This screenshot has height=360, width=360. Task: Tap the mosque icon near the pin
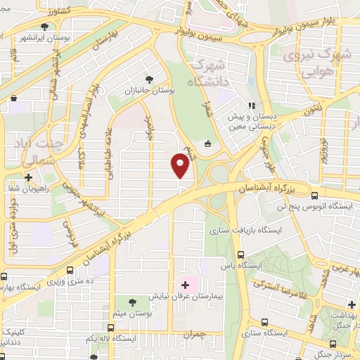(207, 144)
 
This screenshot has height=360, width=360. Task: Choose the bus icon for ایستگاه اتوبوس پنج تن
(314, 196)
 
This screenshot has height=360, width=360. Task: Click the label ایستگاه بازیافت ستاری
(247, 230)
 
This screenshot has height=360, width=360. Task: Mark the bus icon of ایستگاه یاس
(241, 255)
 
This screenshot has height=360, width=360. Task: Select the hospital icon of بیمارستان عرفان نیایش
(186, 285)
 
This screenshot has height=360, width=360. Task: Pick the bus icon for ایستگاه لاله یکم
(110, 328)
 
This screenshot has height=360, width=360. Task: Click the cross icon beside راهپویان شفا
(28, 178)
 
